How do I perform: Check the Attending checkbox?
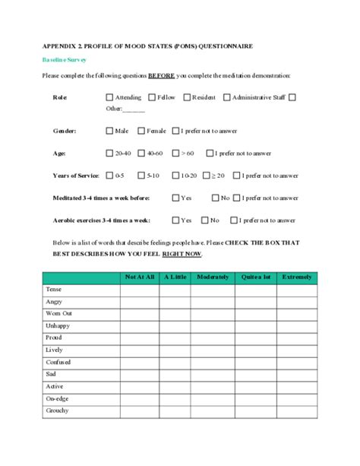coord(109,97)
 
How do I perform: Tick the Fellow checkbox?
coord(152,97)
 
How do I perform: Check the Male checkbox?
coord(109,131)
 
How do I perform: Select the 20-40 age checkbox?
coord(109,153)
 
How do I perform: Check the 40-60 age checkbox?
coord(142,153)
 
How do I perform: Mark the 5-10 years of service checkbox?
coord(141,176)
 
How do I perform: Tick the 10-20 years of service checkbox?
coord(175,176)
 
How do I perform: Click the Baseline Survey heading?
coord(64,59)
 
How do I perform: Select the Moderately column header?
coord(213,277)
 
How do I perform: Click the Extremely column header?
coord(297,277)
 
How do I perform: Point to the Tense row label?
coord(52,290)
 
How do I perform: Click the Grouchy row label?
coord(57,411)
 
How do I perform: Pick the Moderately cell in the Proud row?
coord(213,338)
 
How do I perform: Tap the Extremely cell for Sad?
coord(297,374)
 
